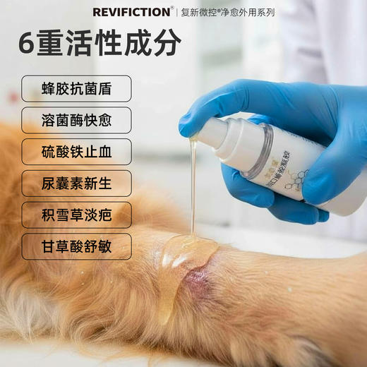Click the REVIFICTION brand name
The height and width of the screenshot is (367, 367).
click(x=131, y=12)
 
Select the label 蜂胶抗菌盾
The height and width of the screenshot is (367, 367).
click(x=76, y=89)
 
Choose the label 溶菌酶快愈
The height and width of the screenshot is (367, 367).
click(x=76, y=121)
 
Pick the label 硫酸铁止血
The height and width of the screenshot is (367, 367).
click(x=76, y=152)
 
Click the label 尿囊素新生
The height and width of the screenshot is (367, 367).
click(x=76, y=183)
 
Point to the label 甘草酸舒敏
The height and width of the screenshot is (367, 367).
click(x=76, y=246)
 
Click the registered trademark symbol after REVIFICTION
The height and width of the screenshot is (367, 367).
click(x=172, y=8)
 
